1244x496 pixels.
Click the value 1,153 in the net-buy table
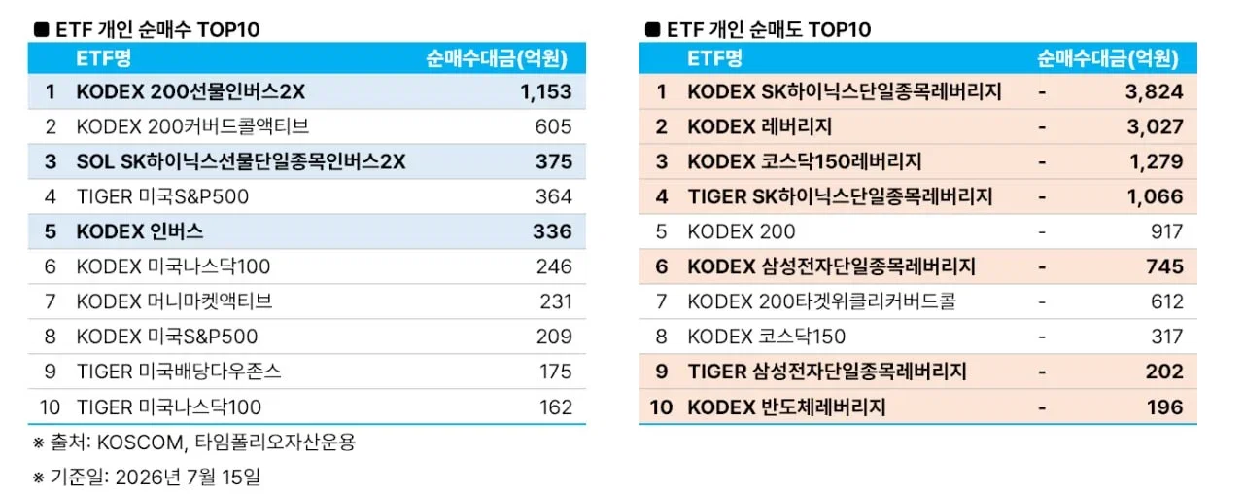(546, 91)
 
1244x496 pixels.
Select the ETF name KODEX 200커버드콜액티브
(192, 126)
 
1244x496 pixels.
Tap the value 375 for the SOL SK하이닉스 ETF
(554, 161)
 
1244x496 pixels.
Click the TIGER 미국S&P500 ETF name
(162, 196)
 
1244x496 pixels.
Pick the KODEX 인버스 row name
(140, 231)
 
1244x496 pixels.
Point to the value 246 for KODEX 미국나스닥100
(554, 266)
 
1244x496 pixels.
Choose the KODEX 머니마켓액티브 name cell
(174, 301)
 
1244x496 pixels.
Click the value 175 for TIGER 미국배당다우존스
(555, 372)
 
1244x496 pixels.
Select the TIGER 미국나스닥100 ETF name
(169, 407)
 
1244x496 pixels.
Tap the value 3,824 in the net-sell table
(1154, 91)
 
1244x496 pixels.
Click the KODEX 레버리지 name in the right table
(760, 126)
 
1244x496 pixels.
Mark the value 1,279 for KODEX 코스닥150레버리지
(1157, 161)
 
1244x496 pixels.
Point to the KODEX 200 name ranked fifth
(742, 231)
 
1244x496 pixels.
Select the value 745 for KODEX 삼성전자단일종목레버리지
(1164, 266)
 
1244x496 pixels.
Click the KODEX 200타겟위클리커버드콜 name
(822, 301)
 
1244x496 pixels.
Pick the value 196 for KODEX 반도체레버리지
(1165, 407)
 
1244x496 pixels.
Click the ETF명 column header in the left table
(103, 58)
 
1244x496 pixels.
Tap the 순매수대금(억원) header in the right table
(1107, 58)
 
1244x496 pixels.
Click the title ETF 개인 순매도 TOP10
(769, 29)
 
